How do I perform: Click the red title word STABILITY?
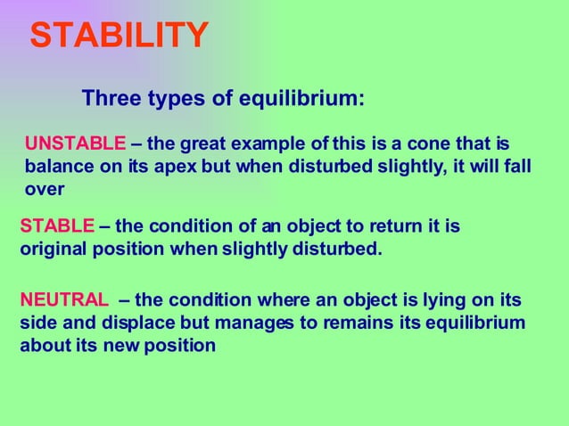[x=120, y=35]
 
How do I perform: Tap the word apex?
[x=185, y=167]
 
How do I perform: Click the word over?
[x=44, y=189]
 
